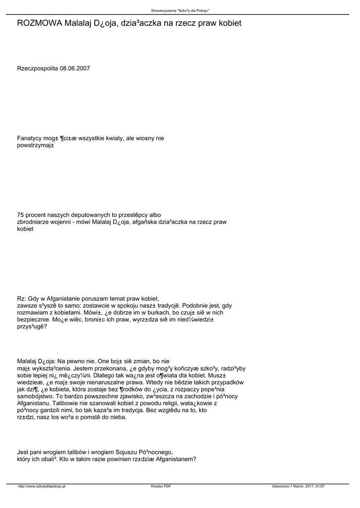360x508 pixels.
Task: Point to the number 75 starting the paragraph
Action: pos(21,214)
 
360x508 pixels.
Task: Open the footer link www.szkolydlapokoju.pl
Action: pos(42,486)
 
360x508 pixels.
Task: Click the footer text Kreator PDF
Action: pos(161,486)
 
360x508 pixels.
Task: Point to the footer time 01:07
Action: pos(319,486)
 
